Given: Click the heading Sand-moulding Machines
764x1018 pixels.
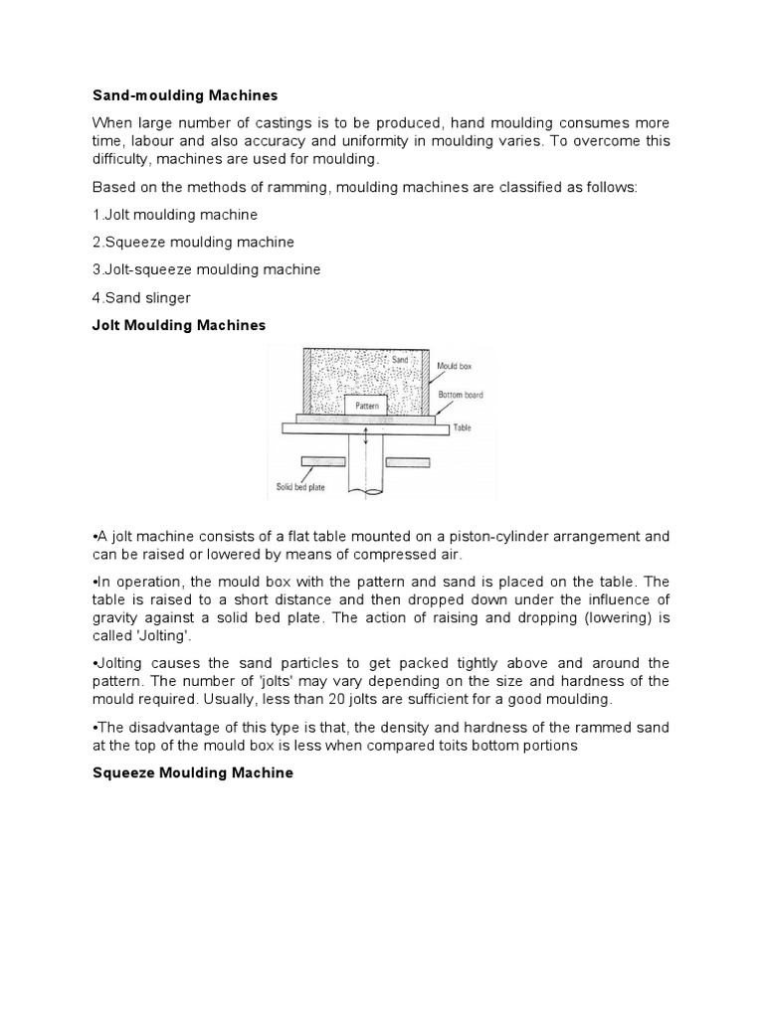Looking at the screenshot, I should click(185, 96).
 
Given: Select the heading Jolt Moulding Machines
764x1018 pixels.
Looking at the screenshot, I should click(179, 325).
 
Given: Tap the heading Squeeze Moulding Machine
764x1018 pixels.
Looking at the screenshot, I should click(193, 772).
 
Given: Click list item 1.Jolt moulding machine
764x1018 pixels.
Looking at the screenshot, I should click(175, 215).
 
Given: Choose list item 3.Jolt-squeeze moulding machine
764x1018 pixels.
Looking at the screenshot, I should click(206, 269).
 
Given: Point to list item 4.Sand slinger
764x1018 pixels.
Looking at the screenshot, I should click(141, 297).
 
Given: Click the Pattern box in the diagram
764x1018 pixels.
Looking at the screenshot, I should click(366, 406).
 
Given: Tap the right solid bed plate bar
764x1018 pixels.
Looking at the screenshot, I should click(408, 462).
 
